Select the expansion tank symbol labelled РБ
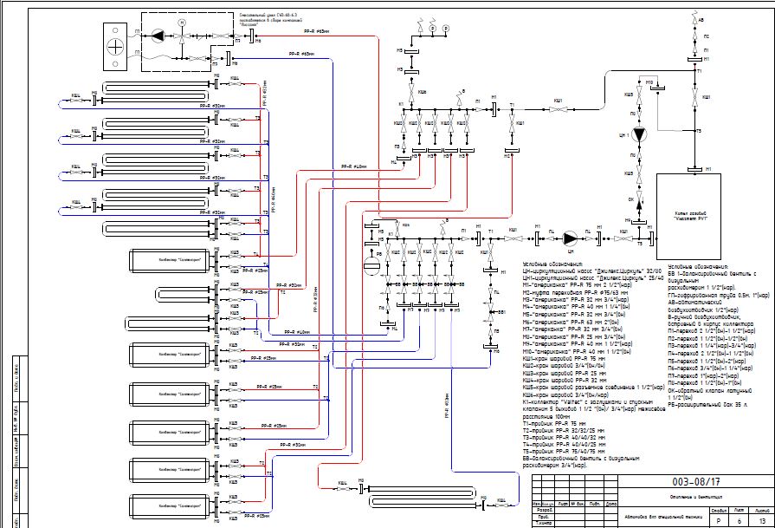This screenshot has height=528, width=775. click(x=370, y=261)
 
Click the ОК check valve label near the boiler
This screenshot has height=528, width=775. click(x=630, y=199)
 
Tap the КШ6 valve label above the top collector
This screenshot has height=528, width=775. click(x=422, y=91)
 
